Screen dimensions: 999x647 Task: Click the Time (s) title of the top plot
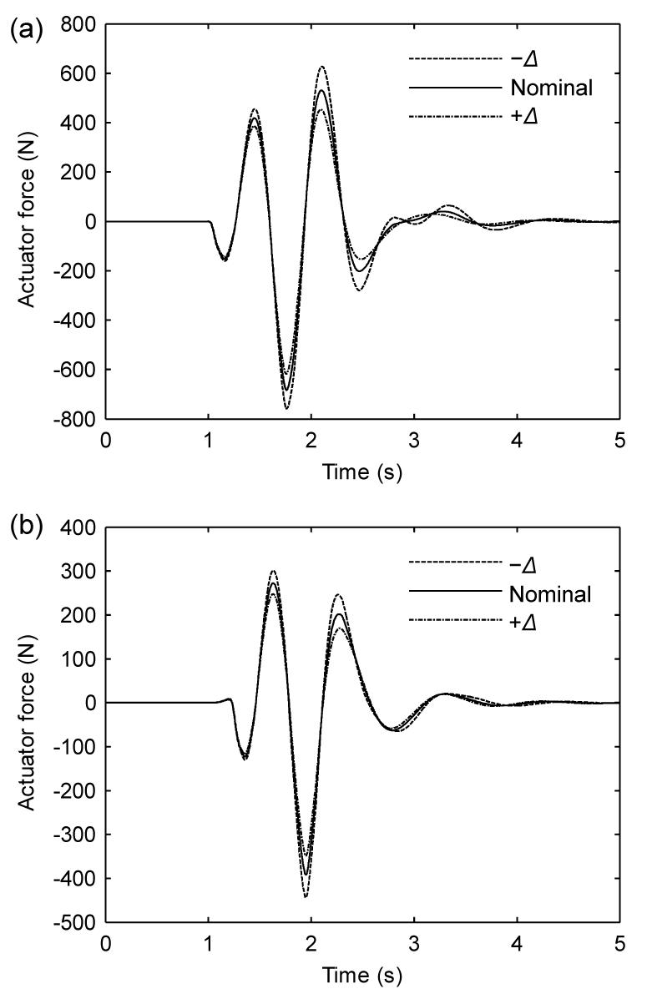pos(362,475)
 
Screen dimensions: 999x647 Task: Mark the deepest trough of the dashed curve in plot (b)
pos(306,897)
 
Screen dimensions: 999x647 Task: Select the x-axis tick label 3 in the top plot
pos(414,440)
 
